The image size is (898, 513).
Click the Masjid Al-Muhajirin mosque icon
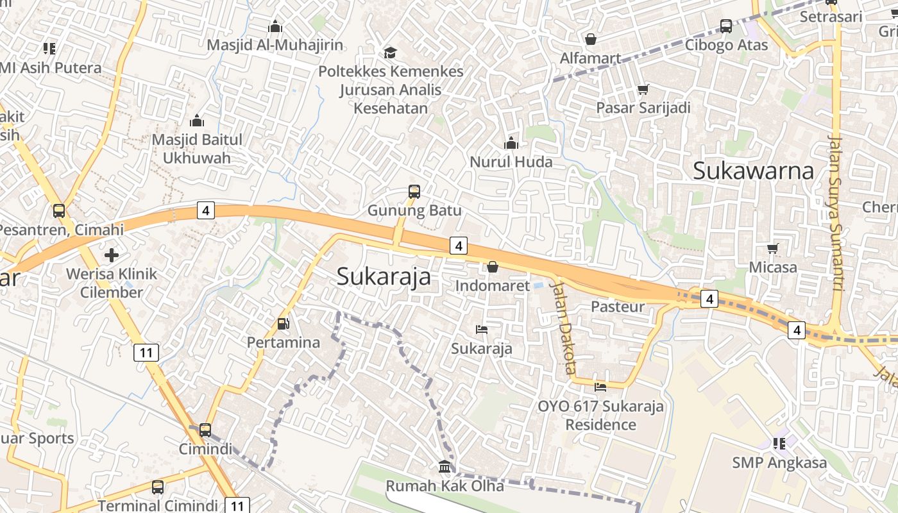click(x=275, y=26)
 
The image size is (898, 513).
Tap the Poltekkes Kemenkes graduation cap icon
click(x=390, y=53)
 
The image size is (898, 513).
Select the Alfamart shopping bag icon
click(x=591, y=39)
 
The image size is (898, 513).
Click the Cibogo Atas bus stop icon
click(x=726, y=26)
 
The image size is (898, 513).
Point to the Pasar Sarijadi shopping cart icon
click(x=643, y=89)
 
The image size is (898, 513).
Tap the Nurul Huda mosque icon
click(x=511, y=143)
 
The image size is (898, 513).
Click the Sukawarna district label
click(x=753, y=171)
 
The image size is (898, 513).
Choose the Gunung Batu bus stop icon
click(x=414, y=191)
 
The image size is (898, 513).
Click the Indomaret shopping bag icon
click(x=493, y=267)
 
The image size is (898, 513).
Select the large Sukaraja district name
click(x=384, y=276)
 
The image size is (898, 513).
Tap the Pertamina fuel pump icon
click(x=283, y=324)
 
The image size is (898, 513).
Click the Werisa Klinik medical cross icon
click(x=112, y=255)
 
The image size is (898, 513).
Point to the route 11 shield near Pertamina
click(x=146, y=352)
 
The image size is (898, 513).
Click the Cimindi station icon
click(x=205, y=430)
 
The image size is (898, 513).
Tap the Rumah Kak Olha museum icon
click(x=445, y=467)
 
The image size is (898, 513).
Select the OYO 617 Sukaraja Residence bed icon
click(x=600, y=387)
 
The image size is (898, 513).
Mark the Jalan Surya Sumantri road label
click(x=835, y=212)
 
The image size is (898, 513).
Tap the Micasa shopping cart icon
click(x=774, y=248)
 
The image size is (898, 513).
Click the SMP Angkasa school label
click(x=779, y=462)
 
